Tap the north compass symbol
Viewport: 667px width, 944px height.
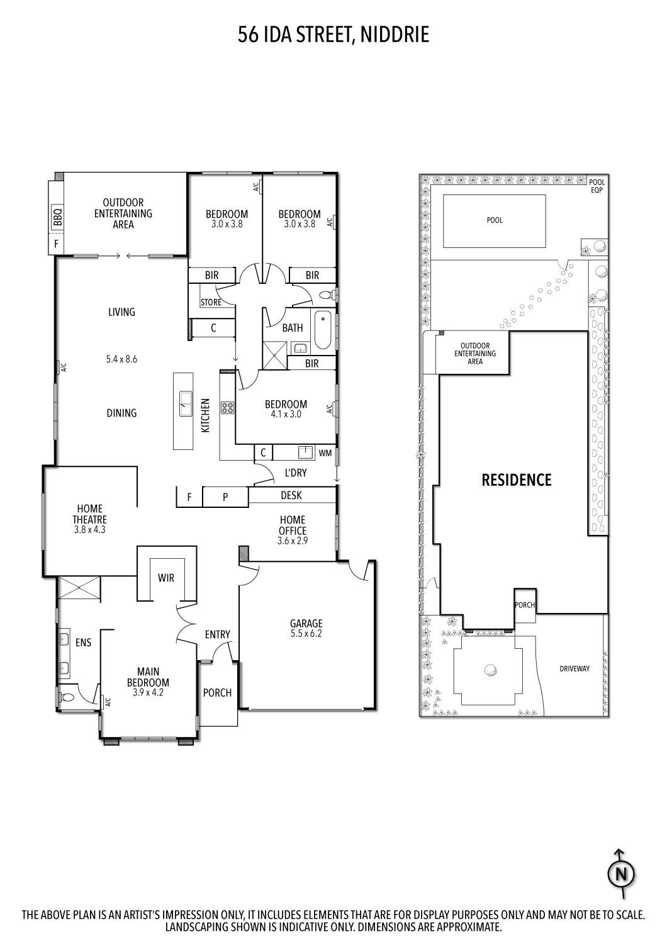coord(620,874)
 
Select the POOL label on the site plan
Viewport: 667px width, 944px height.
coord(495,220)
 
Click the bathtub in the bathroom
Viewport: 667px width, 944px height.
coord(322,330)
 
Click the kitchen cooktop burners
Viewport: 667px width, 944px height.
coord(227,408)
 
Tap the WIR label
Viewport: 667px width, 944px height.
coord(166,578)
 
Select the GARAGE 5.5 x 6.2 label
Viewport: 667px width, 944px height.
coord(306,629)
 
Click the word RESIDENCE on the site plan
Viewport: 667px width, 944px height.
coord(516,480)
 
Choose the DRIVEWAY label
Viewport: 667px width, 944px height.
coord(574,669)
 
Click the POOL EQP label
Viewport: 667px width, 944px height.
coord(597,186)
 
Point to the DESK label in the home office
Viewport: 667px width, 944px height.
coord(291,496)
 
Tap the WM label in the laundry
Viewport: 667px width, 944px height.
coord(325,453)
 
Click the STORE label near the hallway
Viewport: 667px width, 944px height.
coord(211,303)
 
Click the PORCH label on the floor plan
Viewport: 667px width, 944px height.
coord(217,693)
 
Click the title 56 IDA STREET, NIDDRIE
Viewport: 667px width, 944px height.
coord(333,35)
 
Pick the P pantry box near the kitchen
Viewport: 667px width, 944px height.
coord(225,497)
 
